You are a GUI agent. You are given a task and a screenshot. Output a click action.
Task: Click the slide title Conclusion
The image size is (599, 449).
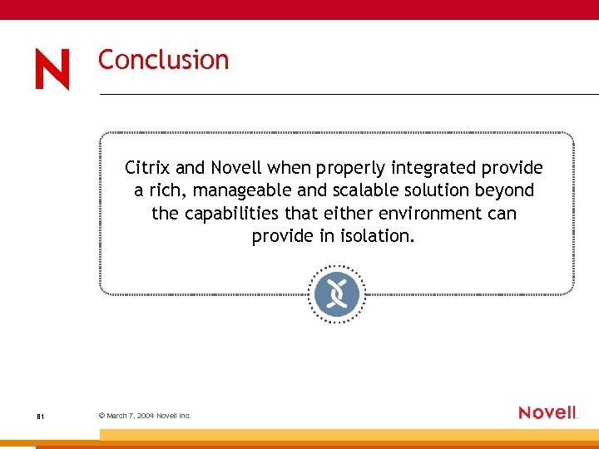[x=163, y=60]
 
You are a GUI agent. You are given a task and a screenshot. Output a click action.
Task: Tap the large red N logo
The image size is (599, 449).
[x=52, y=69]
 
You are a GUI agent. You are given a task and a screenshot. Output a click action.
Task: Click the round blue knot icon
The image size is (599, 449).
[x=337, y=294]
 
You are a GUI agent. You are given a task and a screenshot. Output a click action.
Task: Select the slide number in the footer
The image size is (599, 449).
[x=40, y=416]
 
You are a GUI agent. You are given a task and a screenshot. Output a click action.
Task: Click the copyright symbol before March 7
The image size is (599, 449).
[x=101, y=415]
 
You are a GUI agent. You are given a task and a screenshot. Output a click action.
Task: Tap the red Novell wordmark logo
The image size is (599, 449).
[x=547, y=412]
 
